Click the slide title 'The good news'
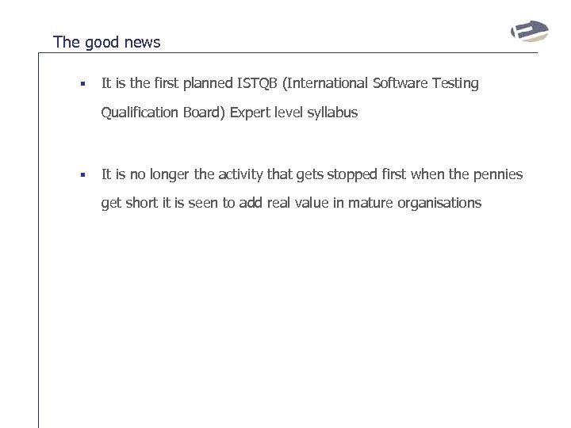tap(106, 42)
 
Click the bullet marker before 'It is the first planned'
tap(72, 83)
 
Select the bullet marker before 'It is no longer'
tap(72, 174)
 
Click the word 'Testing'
tap(455, 83)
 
